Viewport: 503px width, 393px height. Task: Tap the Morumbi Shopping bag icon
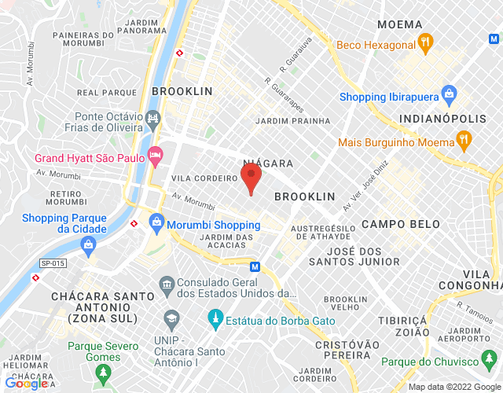point(157,223)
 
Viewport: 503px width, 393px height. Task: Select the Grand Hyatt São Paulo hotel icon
point(156,156)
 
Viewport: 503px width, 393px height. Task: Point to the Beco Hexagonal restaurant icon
point(425,42)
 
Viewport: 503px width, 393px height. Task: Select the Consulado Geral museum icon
point(166,283)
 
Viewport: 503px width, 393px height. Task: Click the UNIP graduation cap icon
point(171,318)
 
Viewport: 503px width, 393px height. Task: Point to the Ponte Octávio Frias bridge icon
point(153,121)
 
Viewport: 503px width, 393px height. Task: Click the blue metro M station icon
point(254,266)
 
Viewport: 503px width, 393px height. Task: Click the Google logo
point(27,383)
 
